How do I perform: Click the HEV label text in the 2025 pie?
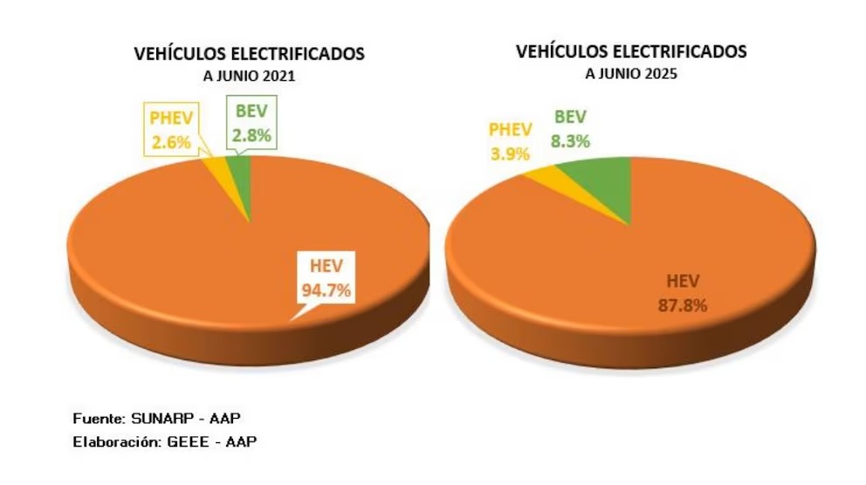[677, 280]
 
